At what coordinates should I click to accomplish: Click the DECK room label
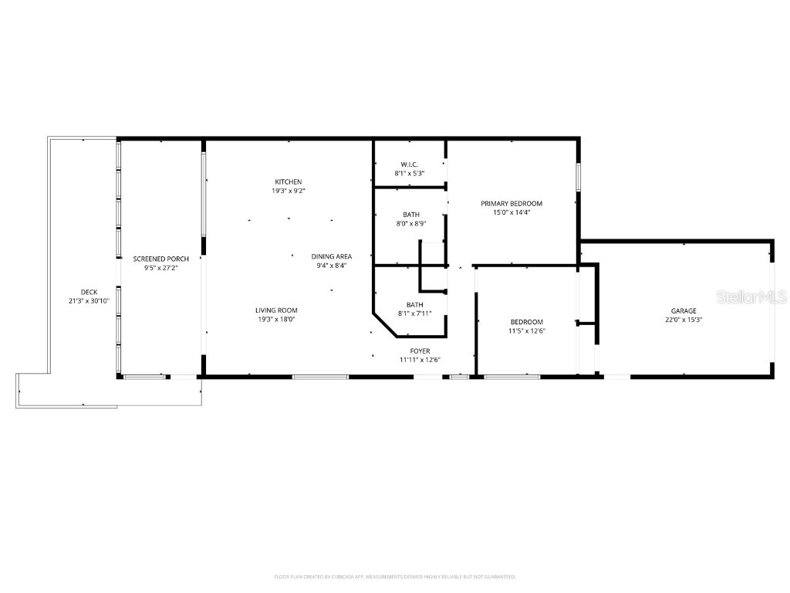click(89, 292)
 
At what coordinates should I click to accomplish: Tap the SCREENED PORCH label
click(161, 259)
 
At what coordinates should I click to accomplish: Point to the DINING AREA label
click(332, 256)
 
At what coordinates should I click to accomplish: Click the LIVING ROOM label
click(277, 310)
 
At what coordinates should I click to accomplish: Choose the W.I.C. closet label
click(409, 164)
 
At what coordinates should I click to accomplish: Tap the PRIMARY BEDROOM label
click(511, 204)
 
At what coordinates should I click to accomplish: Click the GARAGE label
click(684, 310)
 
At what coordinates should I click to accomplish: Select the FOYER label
click(420, 351)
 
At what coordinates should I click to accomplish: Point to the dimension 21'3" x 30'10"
click(89, 300)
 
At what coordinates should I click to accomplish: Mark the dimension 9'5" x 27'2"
click(161, 268)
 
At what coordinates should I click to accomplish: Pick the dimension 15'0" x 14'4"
click(511, 212)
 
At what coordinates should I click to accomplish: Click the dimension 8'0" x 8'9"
click(412, 223)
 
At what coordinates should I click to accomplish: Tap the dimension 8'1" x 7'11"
click(414, 313)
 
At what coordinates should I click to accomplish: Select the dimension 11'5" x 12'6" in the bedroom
click(527, 330)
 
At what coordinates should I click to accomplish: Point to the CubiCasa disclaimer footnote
click(395, 577)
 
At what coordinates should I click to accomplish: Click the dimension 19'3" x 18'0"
click(277, 319)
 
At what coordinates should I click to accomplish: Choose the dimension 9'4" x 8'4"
click(332, 266)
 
